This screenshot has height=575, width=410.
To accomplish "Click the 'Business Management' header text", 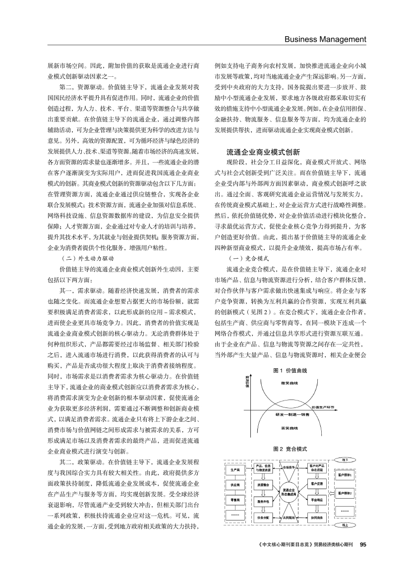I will coord(324,39).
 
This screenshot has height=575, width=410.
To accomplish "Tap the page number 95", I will coord(362,544).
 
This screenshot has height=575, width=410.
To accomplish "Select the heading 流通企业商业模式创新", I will coord(263,152).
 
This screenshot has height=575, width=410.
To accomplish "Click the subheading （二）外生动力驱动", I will coord(87,258).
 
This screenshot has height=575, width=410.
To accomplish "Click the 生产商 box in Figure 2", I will coord(235,469).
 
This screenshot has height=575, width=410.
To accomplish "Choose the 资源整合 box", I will coord(263,484).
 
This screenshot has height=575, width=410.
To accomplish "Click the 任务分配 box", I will coord(263,517).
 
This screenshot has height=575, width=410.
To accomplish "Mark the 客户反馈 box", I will coord(317,483).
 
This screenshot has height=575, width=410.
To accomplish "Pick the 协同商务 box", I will coord(317,517).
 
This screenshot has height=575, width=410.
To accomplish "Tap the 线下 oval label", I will coord(346,460).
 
